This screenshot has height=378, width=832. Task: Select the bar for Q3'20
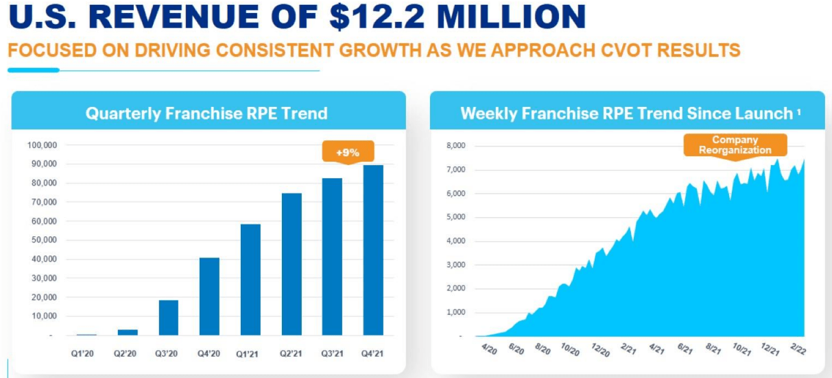(168, 318)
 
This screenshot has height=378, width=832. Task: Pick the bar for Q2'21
(292, 264)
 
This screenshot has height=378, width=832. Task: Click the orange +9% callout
(347, 153)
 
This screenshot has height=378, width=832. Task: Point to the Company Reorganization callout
(735, 145)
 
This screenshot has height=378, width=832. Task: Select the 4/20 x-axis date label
(489, 351)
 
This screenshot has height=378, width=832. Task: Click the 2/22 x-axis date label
(798, 351)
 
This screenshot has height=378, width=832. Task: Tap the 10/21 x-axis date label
(741, 351)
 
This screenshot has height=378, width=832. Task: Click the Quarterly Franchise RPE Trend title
(206, 114)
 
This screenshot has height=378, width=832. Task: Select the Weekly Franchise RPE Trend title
(626, 114)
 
